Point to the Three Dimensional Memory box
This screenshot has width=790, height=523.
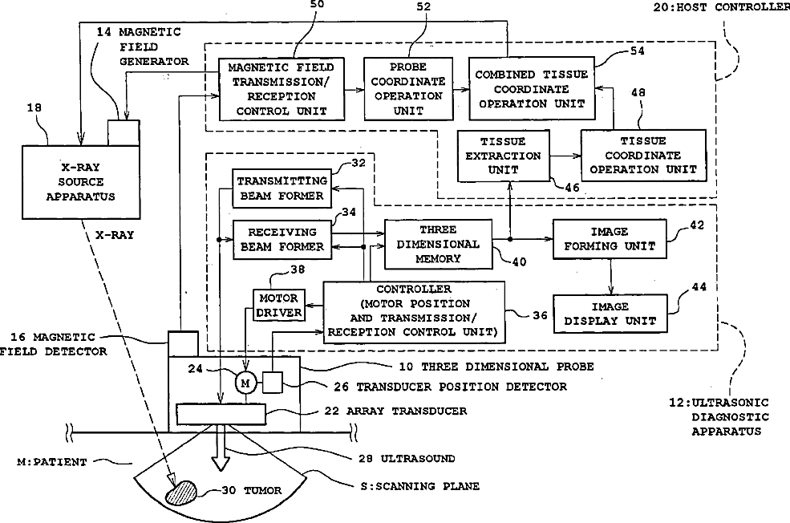(x=438, y=244)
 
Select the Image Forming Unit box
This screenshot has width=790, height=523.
(x=610, y=238)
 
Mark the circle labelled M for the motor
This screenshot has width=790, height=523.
(x=245, y=383)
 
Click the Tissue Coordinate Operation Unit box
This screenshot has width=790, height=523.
(x=644, y=155)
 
